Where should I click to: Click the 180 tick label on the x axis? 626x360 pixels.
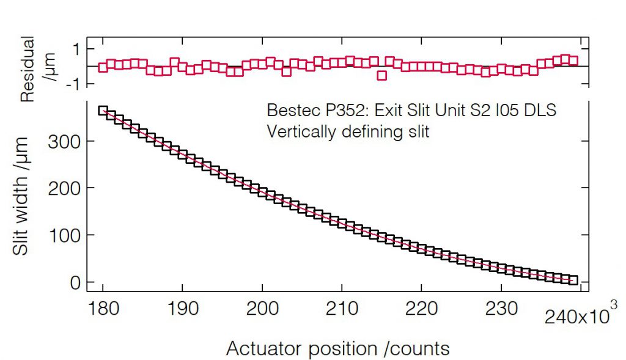pyautogui.click(x=103, y=307)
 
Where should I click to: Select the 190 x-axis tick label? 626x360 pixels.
pyautogui.click(x=183, y=307)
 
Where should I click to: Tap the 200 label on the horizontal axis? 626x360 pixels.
pyautogui.click(x=262, y=307)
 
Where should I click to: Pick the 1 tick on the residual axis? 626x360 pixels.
pyautogui.click(x=80, y=48)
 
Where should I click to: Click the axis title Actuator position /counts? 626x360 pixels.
pyautogui.click(x=338, y=348)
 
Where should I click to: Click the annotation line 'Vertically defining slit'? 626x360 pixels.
pyautogui.click(x=348, y=131)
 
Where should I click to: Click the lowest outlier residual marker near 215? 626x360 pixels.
pyautogui.click(x=382, y=76)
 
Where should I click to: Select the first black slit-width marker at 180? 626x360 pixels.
pyautogui.click(x=103, y=111)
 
